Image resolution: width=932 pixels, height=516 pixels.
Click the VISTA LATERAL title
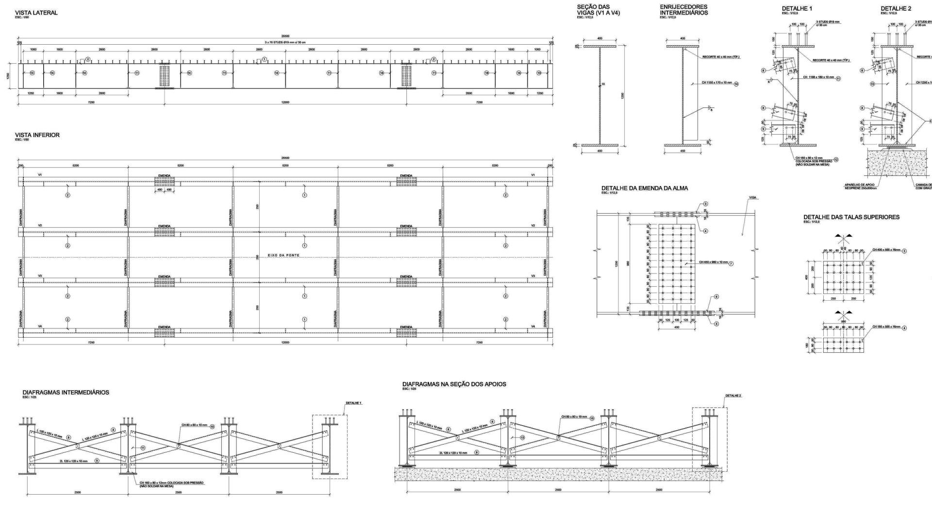[x=36, y=13]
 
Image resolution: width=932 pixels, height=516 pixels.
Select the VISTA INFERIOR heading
[x=37, y=135]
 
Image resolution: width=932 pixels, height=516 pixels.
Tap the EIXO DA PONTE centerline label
[x=284, y=255]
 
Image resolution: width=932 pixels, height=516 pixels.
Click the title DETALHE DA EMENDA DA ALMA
[x=644, y=188]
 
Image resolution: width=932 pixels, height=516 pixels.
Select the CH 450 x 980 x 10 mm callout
[x=713, y=262]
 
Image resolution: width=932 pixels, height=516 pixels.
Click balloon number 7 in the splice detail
[x=731, y=263]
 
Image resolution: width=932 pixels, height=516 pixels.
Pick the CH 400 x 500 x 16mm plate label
[x=886, y=250]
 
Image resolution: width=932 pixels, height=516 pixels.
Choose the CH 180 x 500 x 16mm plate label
[x=886, y=327]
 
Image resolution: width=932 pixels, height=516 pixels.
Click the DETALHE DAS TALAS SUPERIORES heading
[x=851, y=217]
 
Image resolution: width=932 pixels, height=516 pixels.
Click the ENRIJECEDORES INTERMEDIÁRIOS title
[x=683, y=10]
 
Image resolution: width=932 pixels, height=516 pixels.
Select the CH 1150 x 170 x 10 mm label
[x=717, y=84]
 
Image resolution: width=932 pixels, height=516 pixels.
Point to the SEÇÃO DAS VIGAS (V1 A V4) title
[x=598, y=10]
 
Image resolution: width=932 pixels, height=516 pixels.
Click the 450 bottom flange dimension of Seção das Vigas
[x=599, y=151]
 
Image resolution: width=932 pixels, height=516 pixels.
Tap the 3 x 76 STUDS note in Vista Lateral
[x=285, y=42]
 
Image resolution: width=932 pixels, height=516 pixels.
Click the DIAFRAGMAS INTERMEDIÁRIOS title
[x=66, y=392]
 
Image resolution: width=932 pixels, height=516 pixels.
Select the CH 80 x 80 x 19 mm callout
[x=574, y=417]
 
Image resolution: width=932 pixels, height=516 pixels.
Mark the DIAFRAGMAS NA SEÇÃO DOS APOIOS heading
[x=454, y=384]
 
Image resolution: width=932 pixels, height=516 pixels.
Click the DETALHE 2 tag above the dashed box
[x=733, y=396]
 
